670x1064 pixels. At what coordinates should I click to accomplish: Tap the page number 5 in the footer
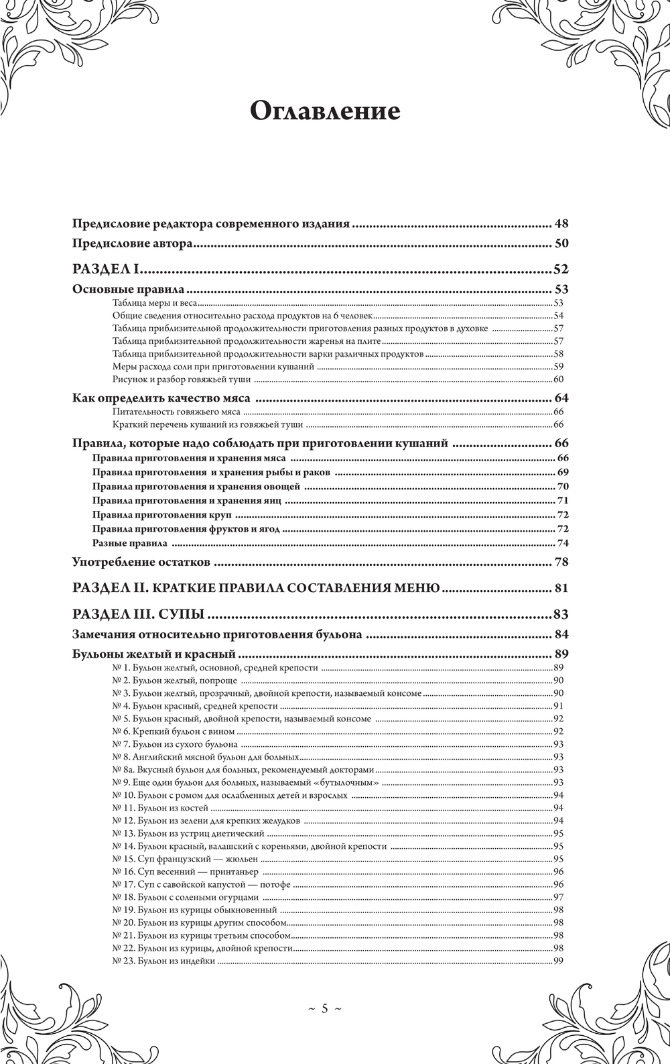coord(324,1008)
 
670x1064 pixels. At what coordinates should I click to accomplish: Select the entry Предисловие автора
coord(133,244)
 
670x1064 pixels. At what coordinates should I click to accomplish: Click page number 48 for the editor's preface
coord(561,224)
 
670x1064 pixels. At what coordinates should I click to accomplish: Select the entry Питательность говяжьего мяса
coord(176,412)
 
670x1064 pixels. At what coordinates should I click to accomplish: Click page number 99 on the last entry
coord(558,961)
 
